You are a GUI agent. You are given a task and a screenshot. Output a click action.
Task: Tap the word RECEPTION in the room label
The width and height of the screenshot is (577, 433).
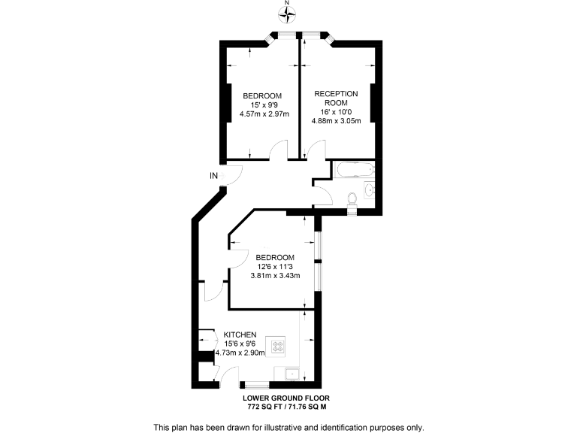pos(336,93)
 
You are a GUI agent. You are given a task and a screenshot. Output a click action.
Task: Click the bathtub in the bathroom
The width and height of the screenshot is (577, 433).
pos(352,170)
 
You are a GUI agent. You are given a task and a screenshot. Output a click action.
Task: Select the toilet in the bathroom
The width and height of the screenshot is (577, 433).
pos(352,198)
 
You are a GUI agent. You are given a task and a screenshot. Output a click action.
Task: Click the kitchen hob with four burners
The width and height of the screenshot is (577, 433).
pos(278,347)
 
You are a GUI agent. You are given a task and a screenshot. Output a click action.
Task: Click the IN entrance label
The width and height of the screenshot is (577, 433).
pos(214,176)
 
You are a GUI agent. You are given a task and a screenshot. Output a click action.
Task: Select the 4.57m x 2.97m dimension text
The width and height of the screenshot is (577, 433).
pos(261,114)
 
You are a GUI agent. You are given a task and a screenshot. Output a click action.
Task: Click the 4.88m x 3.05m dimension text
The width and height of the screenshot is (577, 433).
pos(336,120)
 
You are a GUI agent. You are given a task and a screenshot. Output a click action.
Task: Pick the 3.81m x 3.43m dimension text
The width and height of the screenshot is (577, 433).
pos(275,275)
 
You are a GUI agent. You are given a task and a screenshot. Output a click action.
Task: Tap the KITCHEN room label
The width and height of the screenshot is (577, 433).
pos(240,335)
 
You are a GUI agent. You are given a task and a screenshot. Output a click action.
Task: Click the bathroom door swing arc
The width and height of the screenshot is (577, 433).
pos(324,194)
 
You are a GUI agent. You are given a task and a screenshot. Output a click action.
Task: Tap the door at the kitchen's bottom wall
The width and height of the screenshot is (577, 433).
pos(228,374)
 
